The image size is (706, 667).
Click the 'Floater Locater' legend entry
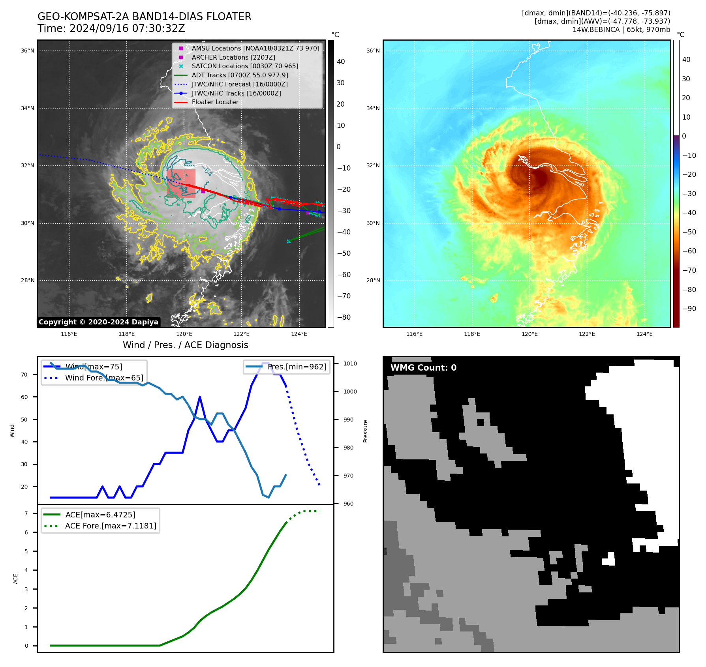point(215,102)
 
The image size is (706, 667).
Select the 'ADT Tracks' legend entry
point(240,75)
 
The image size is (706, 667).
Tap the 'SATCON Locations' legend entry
point(245,66)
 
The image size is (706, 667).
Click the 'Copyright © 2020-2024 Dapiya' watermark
point(98,322)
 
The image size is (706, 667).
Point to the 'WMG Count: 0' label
point(423,368)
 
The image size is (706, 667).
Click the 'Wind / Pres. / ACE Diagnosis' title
point(185,345)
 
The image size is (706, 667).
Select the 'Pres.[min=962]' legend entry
point(297,367)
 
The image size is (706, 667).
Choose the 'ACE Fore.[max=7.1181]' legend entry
point(111,526)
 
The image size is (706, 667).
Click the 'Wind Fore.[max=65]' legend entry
point(104,378)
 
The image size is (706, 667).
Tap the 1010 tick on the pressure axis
point(350,363)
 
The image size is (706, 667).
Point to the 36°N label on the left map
point(28,51)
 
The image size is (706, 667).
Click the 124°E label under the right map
point(644,334)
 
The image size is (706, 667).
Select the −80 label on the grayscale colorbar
point(344,317)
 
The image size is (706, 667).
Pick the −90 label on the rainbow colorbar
point(689,309)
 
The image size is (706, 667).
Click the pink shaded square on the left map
point(181,184)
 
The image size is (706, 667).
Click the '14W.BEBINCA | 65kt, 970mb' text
point(621,30)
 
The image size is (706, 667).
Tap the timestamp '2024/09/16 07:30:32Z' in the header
point(127,29)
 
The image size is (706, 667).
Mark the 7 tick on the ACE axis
point(26,513)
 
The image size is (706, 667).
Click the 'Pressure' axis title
point(365,431)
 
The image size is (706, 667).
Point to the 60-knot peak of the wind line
point(200,397)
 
